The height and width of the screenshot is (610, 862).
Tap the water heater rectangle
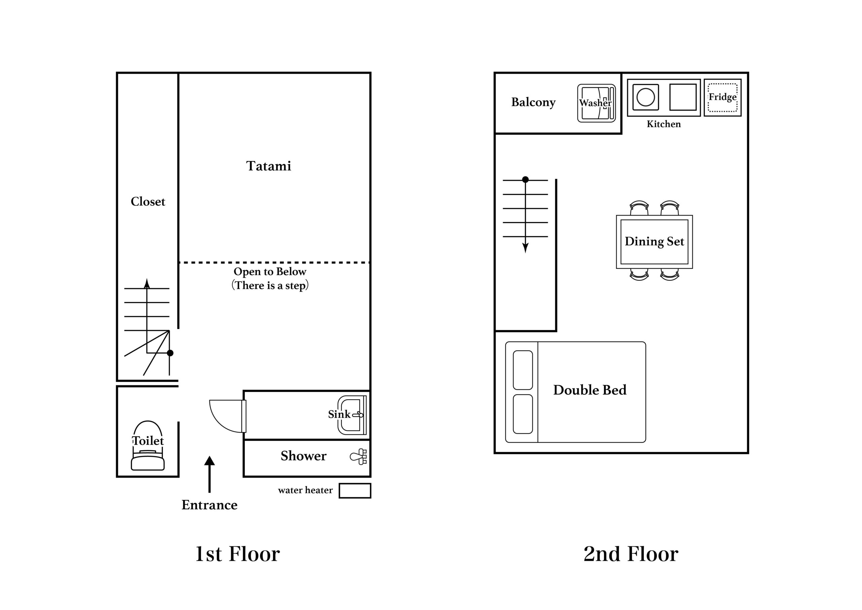(355, 490)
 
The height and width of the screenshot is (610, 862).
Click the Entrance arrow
(209, 474)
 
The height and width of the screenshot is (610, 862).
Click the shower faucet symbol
(359, 457)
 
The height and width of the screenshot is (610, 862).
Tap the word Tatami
(268, 166)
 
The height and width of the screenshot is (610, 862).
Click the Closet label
(148, 202)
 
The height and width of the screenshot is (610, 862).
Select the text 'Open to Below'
(270, 271)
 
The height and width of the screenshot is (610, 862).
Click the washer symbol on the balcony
(597, 103)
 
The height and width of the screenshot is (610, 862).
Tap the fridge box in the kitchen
(722, 98)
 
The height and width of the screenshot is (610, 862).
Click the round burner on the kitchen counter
(646, 97)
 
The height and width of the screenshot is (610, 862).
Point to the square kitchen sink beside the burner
(683, 97)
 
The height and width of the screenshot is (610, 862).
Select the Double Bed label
(590, 390)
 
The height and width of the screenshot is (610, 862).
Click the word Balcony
(533, 102)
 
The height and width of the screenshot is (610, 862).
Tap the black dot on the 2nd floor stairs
(525, 180)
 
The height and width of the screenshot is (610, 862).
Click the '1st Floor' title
(238, 554)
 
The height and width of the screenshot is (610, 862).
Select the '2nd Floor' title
(631, 554)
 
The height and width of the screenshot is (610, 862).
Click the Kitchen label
(663, 124)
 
